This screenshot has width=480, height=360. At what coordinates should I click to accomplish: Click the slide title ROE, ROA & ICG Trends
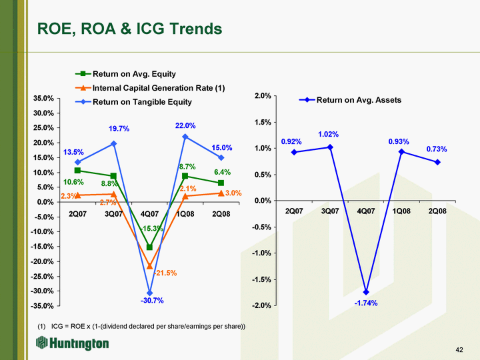[x=129, y=29]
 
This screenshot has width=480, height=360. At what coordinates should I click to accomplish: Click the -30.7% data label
[x=152, y=301]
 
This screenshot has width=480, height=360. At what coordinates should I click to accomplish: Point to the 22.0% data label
[x=186, y=125]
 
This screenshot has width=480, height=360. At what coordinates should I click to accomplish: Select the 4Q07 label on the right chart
[x=365, y=211]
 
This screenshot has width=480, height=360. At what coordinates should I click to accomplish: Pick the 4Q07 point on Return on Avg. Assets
[x=366, y=292]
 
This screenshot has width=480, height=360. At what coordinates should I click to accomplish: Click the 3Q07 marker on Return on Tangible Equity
[x=114, y=143]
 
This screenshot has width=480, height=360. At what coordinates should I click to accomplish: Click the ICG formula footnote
[x=142, y=326]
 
